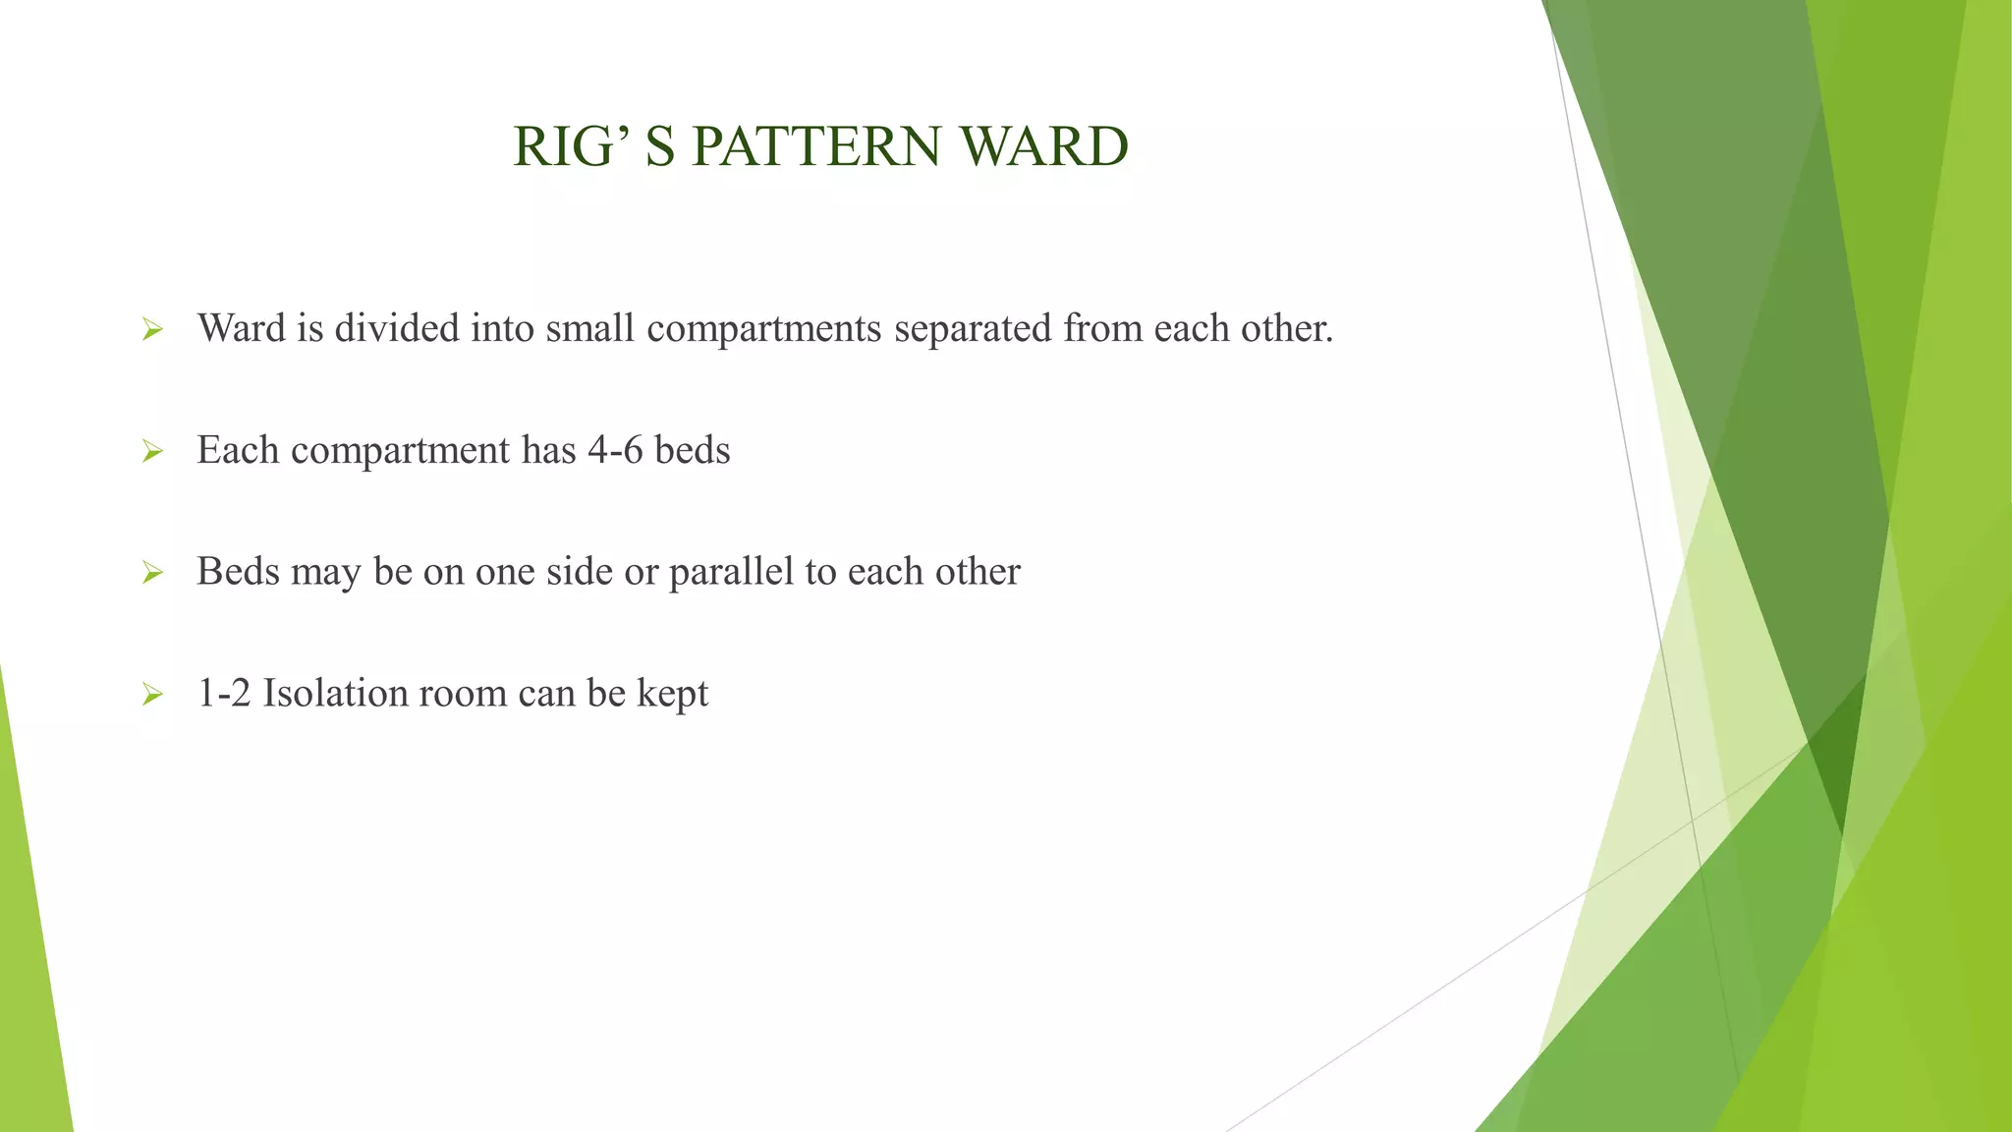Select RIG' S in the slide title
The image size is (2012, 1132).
pyautogui.click(x=593, y=147)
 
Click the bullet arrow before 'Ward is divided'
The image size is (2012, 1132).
pyautogui.click(x=152, y=330)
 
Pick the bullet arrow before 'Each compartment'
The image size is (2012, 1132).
pyautogui.click(x=152, y=452)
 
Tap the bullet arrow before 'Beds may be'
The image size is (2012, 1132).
pyautogui.click(x=152, y=573)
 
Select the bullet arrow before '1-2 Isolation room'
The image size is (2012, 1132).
pyautogui.click(x=152, y=696)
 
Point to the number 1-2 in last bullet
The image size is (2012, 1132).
pyautogui.click(x=224, y=694)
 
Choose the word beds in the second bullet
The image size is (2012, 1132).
pyautogui.click(x=693, y=451)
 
